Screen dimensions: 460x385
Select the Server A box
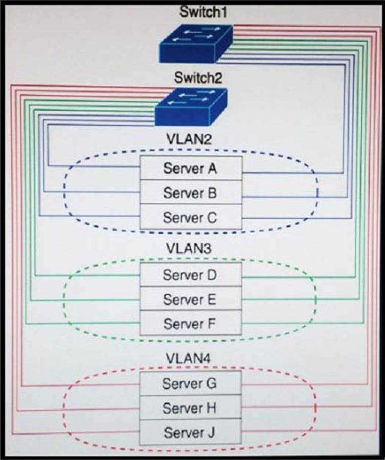coord(191,168)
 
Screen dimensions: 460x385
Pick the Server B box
coord(191,193)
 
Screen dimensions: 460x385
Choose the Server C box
coord(191,217)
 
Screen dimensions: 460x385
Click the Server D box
coord(191,274)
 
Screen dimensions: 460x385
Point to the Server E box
coord(191,299)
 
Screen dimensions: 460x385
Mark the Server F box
coord(191,324)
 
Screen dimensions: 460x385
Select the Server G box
coord(191,384)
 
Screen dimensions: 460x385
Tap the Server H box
coord(191,408)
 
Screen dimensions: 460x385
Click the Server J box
coord(191,432)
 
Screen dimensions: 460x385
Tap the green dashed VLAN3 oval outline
coord(64,300)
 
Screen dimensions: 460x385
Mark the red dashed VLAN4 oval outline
coord(64,409)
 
